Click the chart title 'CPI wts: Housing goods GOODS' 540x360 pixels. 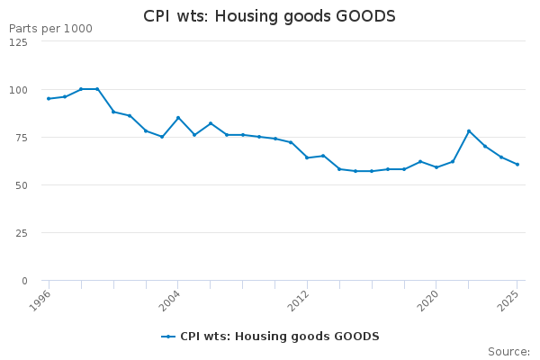pyautogui.click(x=270, y=17)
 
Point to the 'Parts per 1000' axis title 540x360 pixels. pyautogui.click(x=50, y=29)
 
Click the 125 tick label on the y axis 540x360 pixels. pyautogui.click(x=18, y=42)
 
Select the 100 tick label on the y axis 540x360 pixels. pyautogui.click(x=18, y=90)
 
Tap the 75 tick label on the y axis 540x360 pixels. pyautogui.click(x=21, y=138)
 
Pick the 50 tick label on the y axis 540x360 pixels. pyautogui.click(x=21, y=185)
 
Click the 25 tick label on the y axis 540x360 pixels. pyautogui.click(x=21, y=233)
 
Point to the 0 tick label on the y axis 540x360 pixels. pyautogui.click(x=23, y=281)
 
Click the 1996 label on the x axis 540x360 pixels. pyautogui.click(x=41, y=299)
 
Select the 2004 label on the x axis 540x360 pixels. pyautogui.click(x=171, y=299)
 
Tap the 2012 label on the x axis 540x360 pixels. pyautogui.click(x=300, y=299)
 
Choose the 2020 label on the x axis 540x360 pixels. pyautogui.click(x=429, y=299)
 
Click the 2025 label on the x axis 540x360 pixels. pyautogui.click(x=510, y=299)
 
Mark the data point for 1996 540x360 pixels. pyautogui.click(x=49, y=98)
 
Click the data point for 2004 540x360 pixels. pyautogui.click(x=178, y=117)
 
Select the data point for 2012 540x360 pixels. pyautogui.click(x=307, y=157)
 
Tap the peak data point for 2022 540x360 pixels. pyautogui.click(x=469, y=130)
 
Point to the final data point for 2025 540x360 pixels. pyautogui.click(x=517, y=164)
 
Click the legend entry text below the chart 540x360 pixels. pyautogui.click(x=279, y=337)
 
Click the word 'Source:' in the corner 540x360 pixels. pyautogui.click(x=508, y=351)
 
